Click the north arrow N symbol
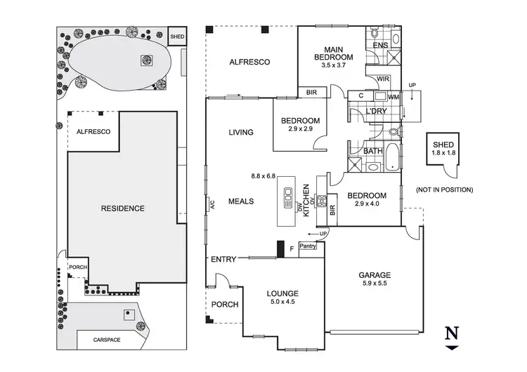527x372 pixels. [x=453, y=333]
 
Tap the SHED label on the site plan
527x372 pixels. [x=178, y=35]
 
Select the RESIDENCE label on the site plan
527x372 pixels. [x=122, y=208]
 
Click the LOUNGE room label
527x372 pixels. [x=282, y=293]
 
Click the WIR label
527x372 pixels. [x=384, y=79]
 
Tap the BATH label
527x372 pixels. [x=372, y=150]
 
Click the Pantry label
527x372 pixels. [x=308, y=246]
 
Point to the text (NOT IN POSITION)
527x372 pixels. [x=443, y=190]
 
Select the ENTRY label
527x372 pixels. [x=223, y=260]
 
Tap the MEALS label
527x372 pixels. [x=240, y=201]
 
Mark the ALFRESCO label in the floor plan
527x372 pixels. [x=249, y=62]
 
